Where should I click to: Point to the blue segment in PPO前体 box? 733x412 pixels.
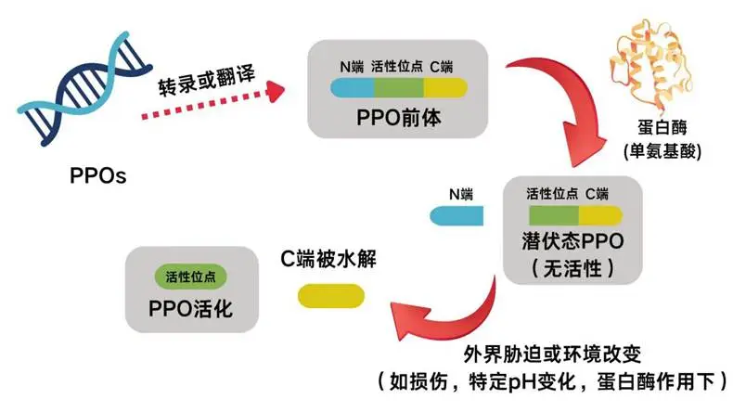click(353, 89)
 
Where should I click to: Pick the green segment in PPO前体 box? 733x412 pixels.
click(399, 89)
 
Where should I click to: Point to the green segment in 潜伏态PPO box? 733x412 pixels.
click(553, 215)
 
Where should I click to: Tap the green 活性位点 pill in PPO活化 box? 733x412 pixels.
click(190, 277)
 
